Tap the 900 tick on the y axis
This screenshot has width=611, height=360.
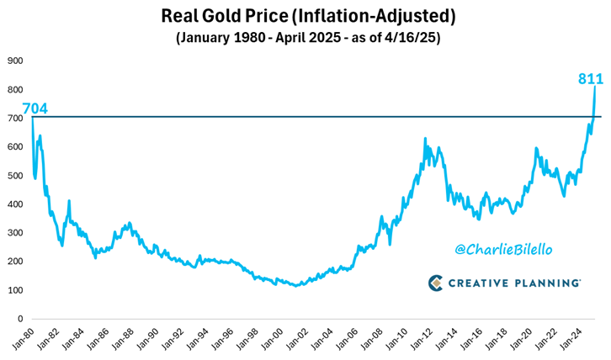[x=14, y=61]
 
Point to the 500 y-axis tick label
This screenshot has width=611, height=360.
[x=14, y=176]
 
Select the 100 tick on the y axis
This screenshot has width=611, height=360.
[x=14, y=290]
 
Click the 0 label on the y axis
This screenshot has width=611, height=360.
[x=19, y=320]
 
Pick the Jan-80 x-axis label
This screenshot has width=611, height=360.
[x=24, y=339]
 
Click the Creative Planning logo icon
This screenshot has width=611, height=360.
[x=436, y=283]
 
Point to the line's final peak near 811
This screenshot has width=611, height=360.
[x=595, y=87]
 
